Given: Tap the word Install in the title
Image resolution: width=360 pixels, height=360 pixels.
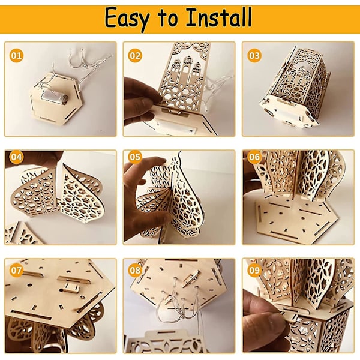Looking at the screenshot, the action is [219, 17].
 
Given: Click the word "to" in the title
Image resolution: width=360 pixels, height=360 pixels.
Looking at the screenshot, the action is [167, 19].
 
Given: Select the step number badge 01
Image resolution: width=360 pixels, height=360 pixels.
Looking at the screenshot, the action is [16, 56].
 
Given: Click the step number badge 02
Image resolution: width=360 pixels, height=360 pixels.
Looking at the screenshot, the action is [135, 56].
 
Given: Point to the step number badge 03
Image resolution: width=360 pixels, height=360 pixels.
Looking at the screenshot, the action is [254, 56].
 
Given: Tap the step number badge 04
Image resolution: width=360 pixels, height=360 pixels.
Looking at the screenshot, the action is [16, 157].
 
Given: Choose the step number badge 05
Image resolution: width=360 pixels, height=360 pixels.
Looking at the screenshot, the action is [135, 157].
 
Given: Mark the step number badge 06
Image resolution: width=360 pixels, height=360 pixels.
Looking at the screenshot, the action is [254, 157].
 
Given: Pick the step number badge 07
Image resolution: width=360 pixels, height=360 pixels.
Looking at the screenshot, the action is [16, 270].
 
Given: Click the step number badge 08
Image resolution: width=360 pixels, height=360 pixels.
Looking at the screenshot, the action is [135, 270].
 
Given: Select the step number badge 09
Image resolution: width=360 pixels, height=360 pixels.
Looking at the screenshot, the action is [254, 270].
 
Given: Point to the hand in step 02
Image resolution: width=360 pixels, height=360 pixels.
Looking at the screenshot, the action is [141, 99].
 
